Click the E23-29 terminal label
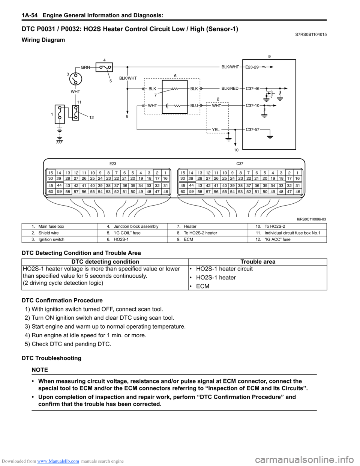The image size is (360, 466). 252,67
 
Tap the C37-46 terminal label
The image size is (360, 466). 252,89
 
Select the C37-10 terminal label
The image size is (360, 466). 252,106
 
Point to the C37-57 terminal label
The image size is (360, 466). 252,129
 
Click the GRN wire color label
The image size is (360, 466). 85,68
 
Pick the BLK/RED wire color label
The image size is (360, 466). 230,89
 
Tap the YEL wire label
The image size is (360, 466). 216,130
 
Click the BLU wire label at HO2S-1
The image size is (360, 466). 194,106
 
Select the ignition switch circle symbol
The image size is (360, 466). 76,79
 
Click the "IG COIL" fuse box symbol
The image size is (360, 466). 104,68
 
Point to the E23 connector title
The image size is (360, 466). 113,164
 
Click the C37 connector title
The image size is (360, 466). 240,164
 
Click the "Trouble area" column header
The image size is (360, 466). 258,262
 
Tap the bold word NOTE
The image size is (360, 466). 40,370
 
